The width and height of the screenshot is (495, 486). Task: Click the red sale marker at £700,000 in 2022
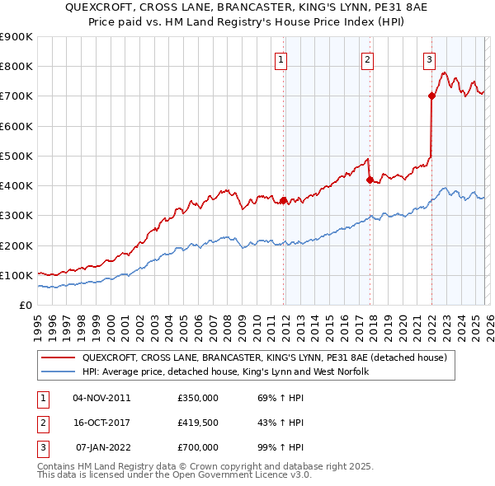[x=431, y=96]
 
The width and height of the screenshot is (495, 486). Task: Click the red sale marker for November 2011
[x=284, y=200]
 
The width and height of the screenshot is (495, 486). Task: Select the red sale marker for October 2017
[x=370, y=180]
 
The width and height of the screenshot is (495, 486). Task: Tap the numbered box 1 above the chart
[x=281, y=58]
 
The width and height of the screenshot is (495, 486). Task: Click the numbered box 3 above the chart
[x=429, y=58]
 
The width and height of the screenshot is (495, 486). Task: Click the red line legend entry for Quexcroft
[x=264, y=357]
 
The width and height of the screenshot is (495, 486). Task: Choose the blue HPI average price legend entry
[x=225, y=372]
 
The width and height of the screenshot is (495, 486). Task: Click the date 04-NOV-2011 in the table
[x=101, y=398]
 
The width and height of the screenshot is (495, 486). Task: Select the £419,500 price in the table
[x=198, y=423]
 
